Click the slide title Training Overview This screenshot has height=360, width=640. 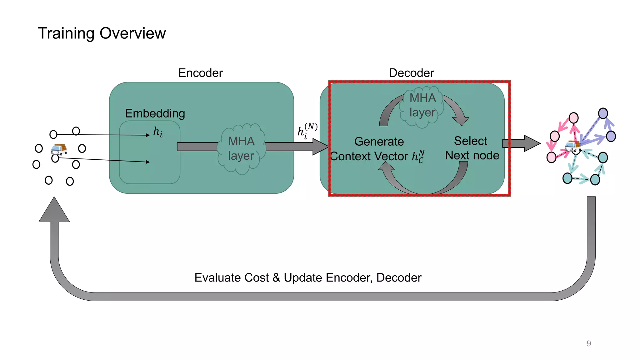point(102,33)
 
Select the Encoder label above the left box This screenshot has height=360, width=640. point(200,73)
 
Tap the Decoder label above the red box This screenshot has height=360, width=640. point(411,73)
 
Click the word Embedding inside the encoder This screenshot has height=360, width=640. point(155,113)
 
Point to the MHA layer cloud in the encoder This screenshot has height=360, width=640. point(241,149)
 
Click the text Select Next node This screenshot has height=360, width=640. point(472,148)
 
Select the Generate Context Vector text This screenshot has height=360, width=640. point(378,149)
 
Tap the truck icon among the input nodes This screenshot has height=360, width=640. point(59,149)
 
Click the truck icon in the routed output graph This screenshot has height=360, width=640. point(572,146)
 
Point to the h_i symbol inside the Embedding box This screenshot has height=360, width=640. point(158,132)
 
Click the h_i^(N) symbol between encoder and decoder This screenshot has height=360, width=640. point(307,131)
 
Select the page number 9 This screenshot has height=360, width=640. point(589,343)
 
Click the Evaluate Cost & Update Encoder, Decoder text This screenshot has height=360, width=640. point(308,277)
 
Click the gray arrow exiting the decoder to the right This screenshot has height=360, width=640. point(521,143)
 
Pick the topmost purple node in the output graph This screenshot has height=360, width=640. point(603,113)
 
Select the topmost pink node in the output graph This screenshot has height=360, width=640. point(573,118)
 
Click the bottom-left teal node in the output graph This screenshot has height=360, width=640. point(567,178)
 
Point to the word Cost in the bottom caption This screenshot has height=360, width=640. point(256,277)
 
